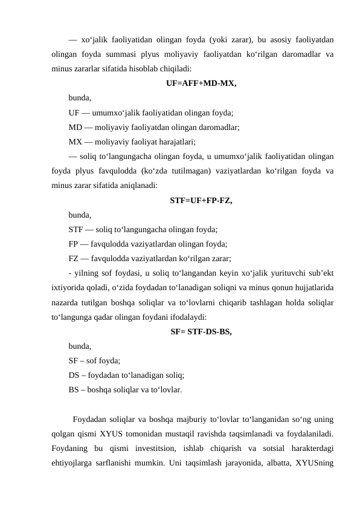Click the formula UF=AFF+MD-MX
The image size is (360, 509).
[x=201, y=83]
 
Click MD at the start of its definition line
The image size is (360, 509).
[x=76, y=128]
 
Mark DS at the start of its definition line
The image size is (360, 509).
[x=75, y=375]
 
